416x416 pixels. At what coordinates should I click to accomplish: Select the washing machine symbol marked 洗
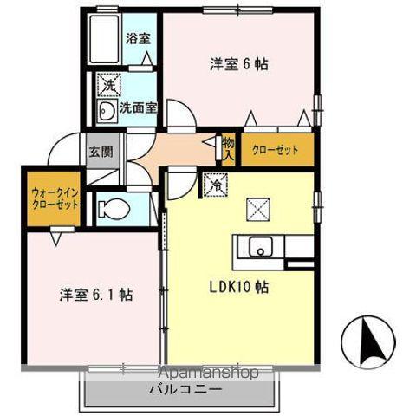[107, 85]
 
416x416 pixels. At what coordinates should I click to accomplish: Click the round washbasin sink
[107, 110]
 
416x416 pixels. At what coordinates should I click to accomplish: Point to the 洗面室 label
[139, 109]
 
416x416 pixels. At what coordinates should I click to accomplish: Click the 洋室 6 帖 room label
[237, 63]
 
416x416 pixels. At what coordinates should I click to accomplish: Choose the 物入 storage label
[229, 149]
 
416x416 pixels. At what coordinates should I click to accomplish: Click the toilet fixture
[113, 209]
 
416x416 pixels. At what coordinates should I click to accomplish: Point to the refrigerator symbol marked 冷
[213, 183]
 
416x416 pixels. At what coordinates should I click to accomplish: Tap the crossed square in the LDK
[258, 209]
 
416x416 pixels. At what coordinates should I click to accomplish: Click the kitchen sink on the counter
[261, 248]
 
